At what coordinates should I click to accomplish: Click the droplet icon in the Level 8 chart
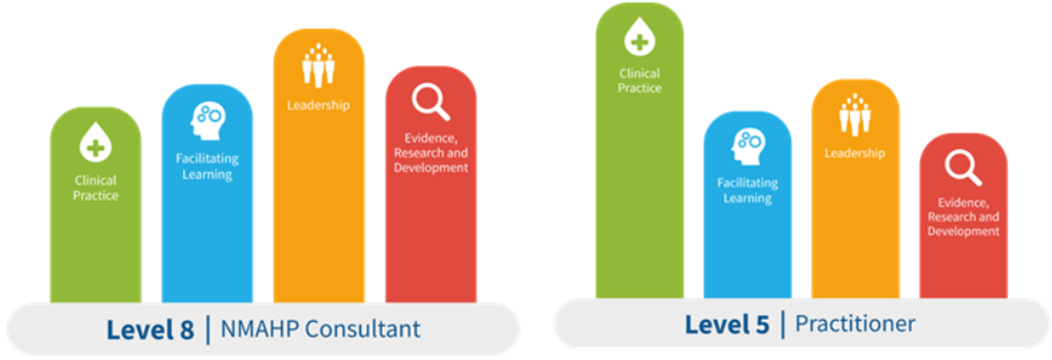click(x=96, y=143)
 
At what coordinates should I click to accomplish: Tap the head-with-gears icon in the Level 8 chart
click(x=208, y=120)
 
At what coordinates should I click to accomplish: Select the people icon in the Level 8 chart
click(x=319, y=65)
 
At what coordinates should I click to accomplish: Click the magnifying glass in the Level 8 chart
click(x=431, y=102)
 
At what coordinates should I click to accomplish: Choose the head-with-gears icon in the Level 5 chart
click(x=748, y=147)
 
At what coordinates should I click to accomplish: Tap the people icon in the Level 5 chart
click(x=855, y=115)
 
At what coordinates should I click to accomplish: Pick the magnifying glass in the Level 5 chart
click(x=963, y=167)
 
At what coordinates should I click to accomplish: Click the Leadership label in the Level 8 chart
click(x=319, y=105)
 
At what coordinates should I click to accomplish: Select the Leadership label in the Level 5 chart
click(x=855, y=153)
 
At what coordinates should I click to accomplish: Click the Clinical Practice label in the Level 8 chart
click(x=96, y=188)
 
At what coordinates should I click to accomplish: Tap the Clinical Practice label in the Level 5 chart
click(x=639, y=81)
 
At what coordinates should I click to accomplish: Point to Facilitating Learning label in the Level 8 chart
click(x=207, y=166)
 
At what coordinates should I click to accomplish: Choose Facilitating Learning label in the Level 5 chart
click(x=748, y=190)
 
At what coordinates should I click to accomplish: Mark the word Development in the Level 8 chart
click(x=431, y=167)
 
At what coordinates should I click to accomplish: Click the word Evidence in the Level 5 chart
click(x=962, y=203)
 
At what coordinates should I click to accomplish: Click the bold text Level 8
click(x=150, y=330)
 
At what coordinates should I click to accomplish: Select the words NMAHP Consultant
click(x=320, y=329)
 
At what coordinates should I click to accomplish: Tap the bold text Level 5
click(x=727, y=325)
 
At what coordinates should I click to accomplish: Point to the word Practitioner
click(x=855, y=324)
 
